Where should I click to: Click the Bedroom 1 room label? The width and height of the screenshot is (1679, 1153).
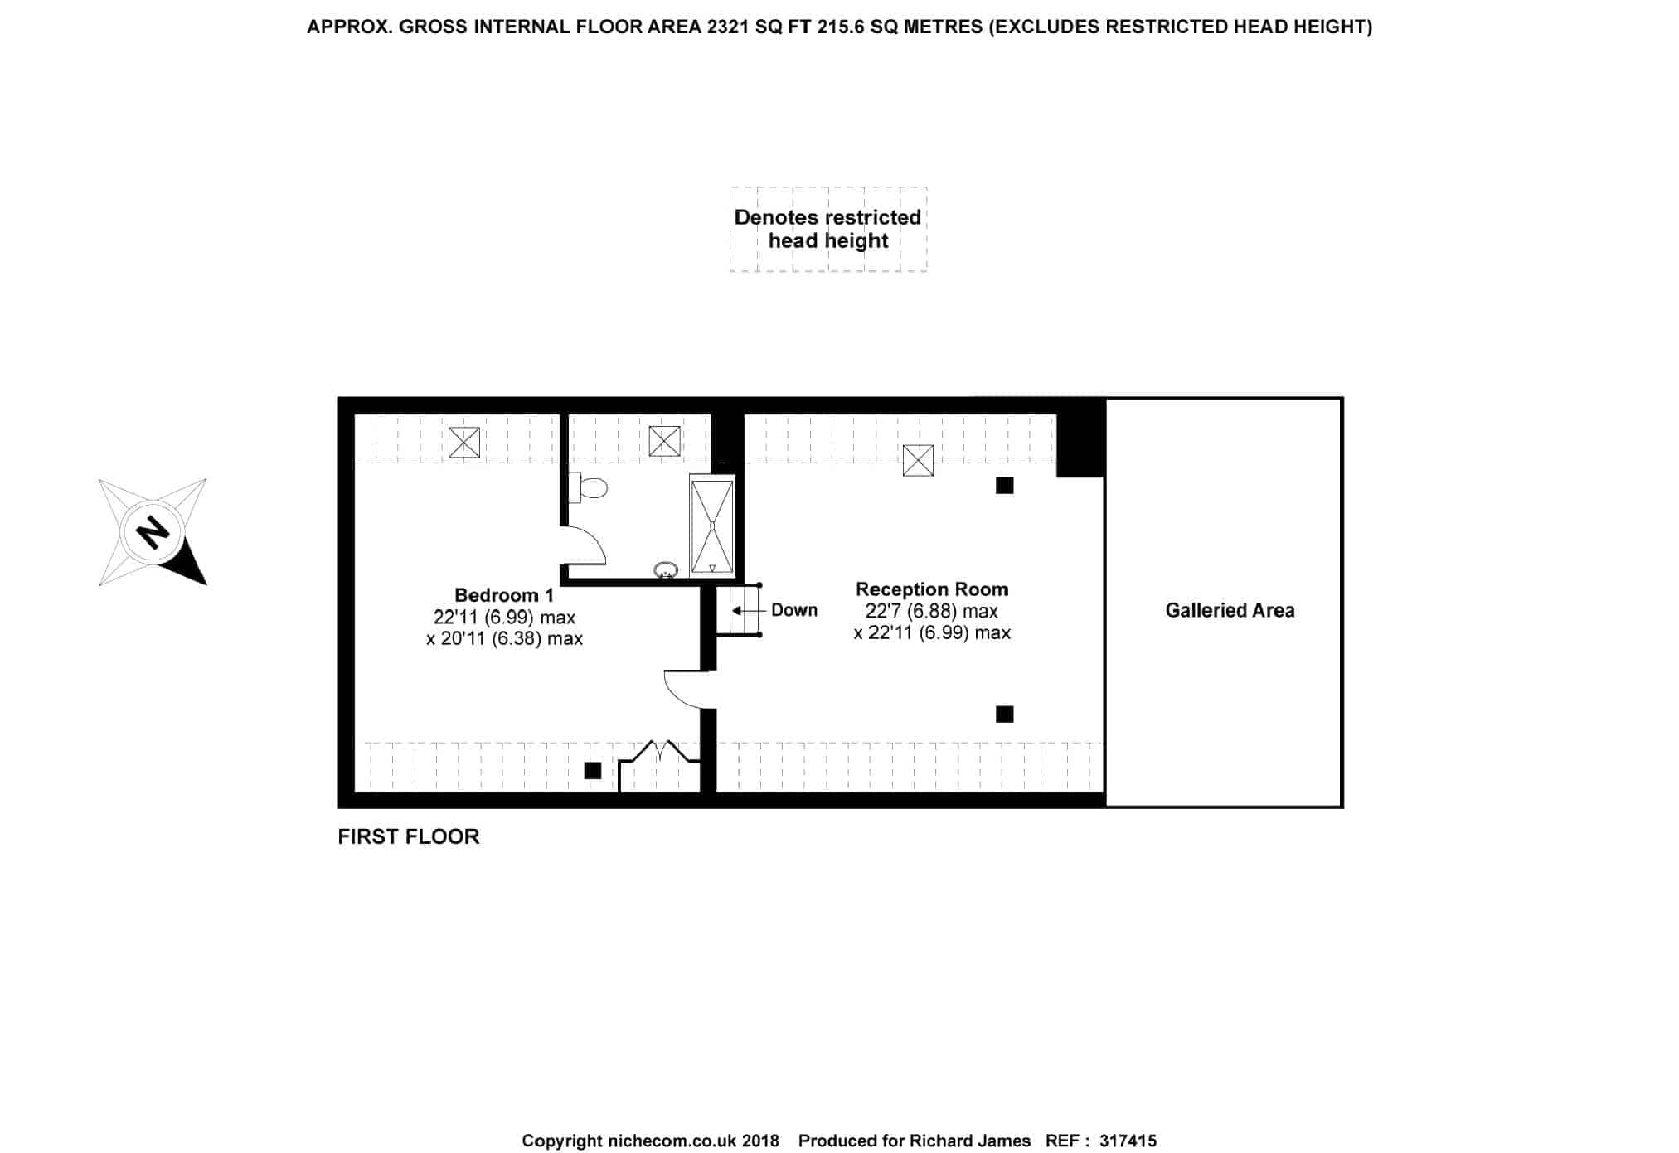pyautogui.click(x=504, y=595)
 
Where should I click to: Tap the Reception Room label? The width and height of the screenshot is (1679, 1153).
pyautogui.click(x=932, y=589)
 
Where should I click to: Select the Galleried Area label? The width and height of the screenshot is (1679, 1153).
pyautogui.click(x=1230, y=611)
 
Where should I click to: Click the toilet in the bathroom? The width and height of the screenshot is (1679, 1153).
pyautogui.click(x=589, y=487)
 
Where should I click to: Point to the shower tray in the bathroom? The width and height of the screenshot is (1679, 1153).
pyautogui.click(x=712, y=526)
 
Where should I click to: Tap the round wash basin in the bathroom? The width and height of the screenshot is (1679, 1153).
pyautogui.click(x=666, y=569)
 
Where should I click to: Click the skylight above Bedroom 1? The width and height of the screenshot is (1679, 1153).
pyautogui.click(x=464, y=442)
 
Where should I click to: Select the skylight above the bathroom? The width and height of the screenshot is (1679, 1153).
pyautogui.click(x=665, y=441)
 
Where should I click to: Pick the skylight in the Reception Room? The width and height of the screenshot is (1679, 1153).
pyautogui.click(x=918, y=460)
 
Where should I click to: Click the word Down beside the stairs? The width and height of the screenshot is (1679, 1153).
pyautogui.click(x=794, y=611)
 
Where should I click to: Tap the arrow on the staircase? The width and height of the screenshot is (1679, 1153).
pyautogui.click(x=745, y=611)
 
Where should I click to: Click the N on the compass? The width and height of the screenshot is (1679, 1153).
pyautogui.click(x=152, y=531)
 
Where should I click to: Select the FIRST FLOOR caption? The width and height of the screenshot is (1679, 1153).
pyautogui.click(x=409, y=837)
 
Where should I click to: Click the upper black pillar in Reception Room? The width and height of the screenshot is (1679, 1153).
pyautogui.click(x=1005, y=486)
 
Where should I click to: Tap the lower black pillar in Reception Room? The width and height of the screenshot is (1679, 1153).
pyautogui.click(x=1005, y=714)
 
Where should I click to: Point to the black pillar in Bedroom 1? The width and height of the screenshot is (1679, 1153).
pyautogui.click(x=593, y=771)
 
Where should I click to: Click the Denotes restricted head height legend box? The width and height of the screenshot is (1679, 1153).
pyautogui.click(x=828, y=230)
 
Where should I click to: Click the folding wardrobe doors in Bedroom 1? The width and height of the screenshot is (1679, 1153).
pyautogui.click(x=660, y=752)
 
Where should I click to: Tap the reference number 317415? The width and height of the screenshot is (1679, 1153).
pyautogui.click(x=1128, y=1141)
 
